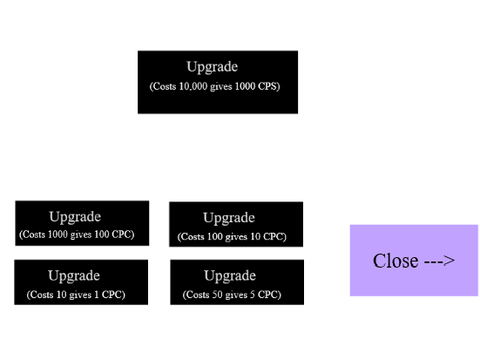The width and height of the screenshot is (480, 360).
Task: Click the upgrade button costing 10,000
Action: coord(218,82)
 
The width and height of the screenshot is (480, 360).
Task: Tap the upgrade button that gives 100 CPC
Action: coord(82,223)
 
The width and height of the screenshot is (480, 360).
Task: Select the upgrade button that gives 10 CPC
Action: coord(236,224)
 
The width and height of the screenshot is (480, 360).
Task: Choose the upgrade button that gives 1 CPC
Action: coord(81,282)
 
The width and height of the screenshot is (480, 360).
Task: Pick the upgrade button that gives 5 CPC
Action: coord(237,282)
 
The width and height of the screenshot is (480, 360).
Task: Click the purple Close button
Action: coord(414,260)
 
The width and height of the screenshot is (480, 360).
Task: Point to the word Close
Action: coord(396,261)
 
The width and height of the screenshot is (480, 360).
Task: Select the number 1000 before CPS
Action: coord(245,86)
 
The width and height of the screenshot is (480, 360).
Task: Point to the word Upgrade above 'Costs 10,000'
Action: coord(212,67)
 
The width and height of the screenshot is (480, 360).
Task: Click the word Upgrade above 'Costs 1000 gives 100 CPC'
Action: coord(75,217)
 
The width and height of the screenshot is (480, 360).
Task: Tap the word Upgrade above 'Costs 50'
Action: coord(230,276)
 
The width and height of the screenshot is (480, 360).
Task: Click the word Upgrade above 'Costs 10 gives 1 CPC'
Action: coord(74,276)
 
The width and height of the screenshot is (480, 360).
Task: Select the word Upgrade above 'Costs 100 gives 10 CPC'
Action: coord(229,218)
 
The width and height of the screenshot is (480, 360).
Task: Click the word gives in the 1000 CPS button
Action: coord(221,87)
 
